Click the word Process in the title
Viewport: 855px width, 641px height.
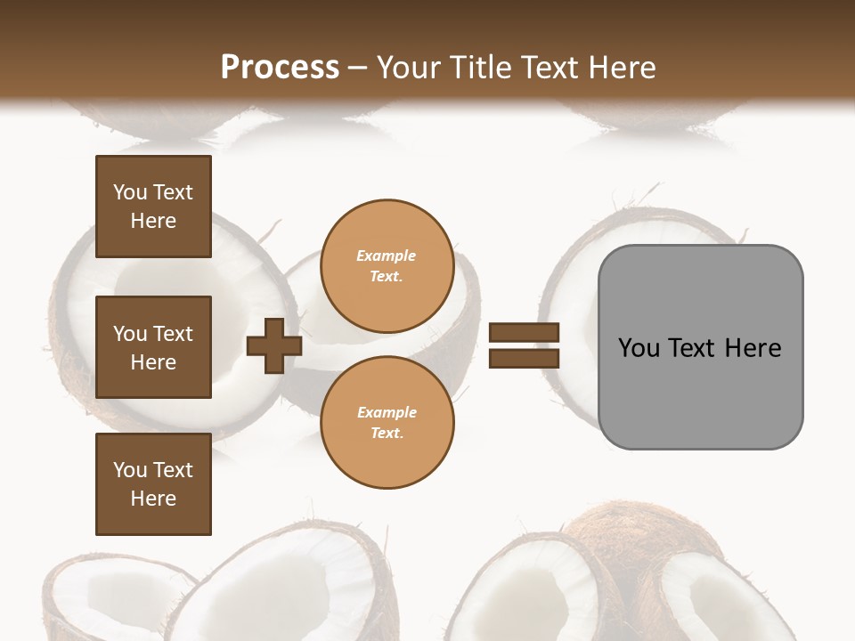(280, 68)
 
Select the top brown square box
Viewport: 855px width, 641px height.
(153, 207)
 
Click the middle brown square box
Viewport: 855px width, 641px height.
(153, 347)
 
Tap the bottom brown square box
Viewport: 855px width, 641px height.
(153, 484)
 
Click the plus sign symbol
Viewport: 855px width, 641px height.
(274, 345)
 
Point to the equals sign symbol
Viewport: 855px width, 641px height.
(524, 345)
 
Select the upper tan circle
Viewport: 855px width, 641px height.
(387, 266)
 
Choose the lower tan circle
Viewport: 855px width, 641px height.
(387, 423)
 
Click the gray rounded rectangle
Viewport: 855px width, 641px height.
(700, 347)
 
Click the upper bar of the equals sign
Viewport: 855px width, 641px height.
(524, 332)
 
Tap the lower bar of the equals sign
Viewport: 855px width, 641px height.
(524, 358)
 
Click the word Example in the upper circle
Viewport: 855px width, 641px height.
(387, 256)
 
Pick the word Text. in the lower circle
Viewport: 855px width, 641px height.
(387, 434)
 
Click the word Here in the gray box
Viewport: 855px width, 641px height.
(753, 348)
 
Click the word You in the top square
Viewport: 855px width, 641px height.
(130, 192)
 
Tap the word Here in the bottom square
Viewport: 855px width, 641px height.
(153, 499)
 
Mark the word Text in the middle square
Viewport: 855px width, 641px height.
(173, 334)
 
